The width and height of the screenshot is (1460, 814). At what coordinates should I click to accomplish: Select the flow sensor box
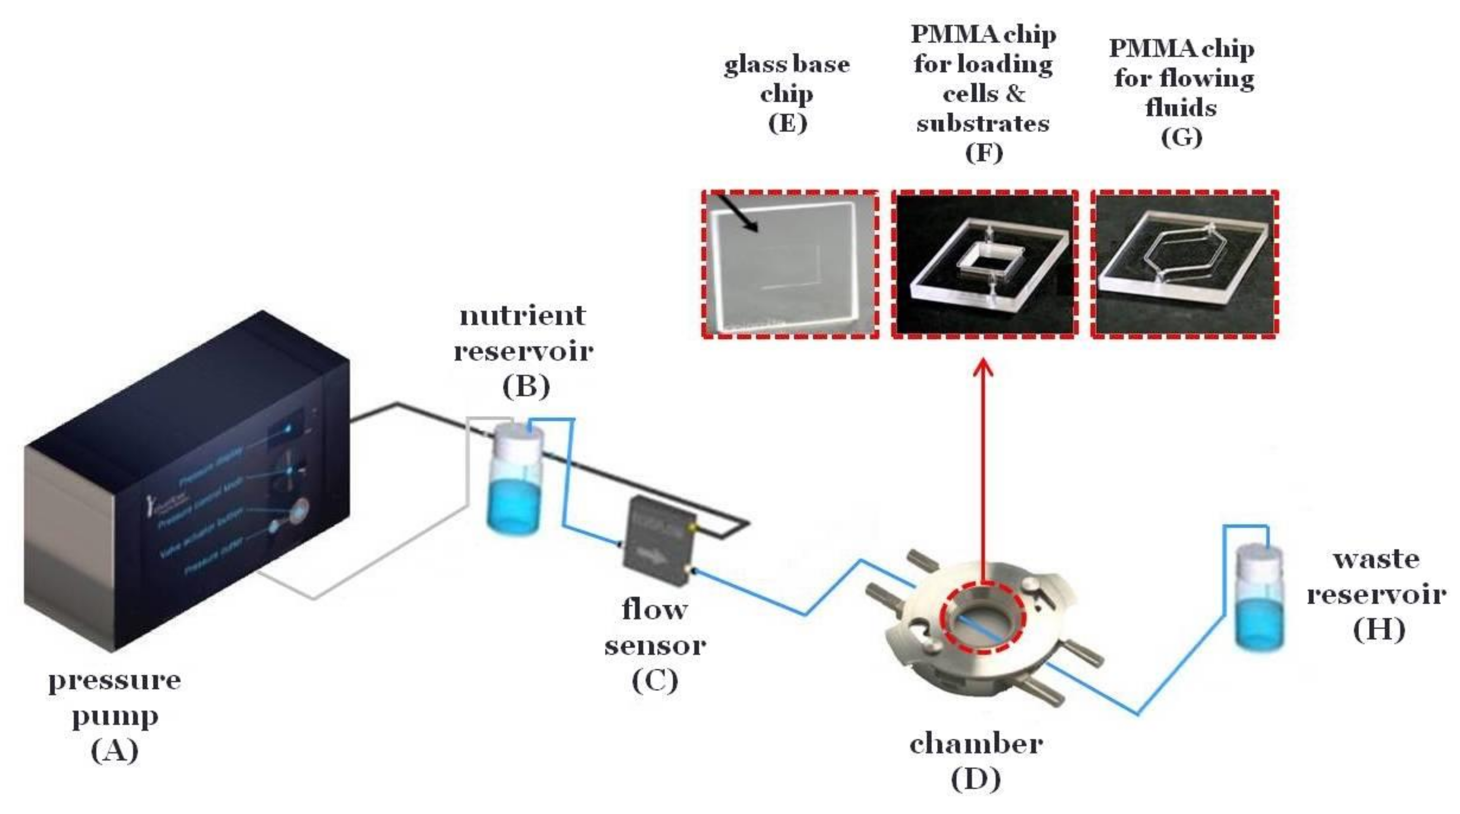click(657, 538)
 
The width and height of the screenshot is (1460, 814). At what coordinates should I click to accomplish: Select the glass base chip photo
click(790, 265)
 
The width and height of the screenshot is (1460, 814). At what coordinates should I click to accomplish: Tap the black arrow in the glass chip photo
click(737, 212)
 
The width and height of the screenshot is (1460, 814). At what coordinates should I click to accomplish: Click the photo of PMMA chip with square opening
click(985, 265)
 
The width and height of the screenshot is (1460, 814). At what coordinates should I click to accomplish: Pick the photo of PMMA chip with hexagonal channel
click(1185, 265)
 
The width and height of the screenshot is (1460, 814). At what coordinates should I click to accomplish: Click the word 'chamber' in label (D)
click(976, 744)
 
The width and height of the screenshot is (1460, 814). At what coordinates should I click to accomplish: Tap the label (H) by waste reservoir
click(1378, 630)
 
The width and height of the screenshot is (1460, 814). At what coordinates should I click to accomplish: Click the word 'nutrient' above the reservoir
click(522, 315)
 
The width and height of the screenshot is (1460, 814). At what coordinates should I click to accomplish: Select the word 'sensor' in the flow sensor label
click(655, 645)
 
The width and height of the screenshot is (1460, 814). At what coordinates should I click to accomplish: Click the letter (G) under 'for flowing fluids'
click(1181, 138)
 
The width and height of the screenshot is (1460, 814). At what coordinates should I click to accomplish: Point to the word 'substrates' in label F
click(983, 123)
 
